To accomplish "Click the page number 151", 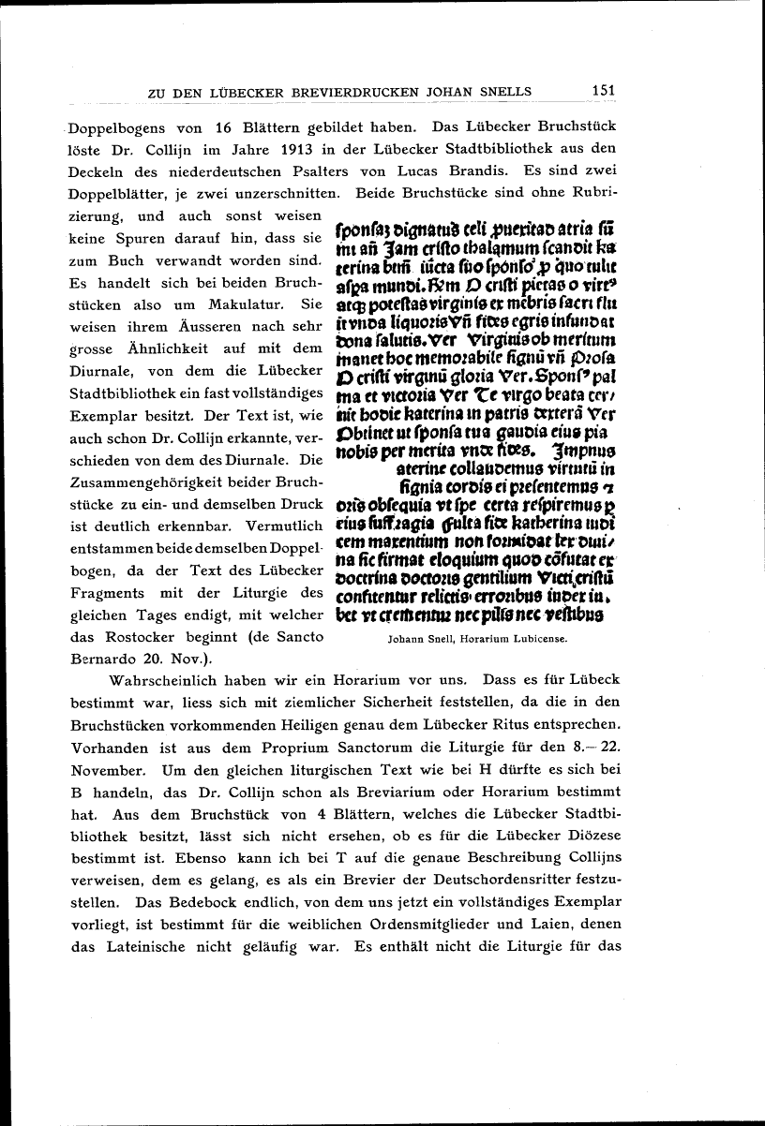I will coord(603,90).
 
